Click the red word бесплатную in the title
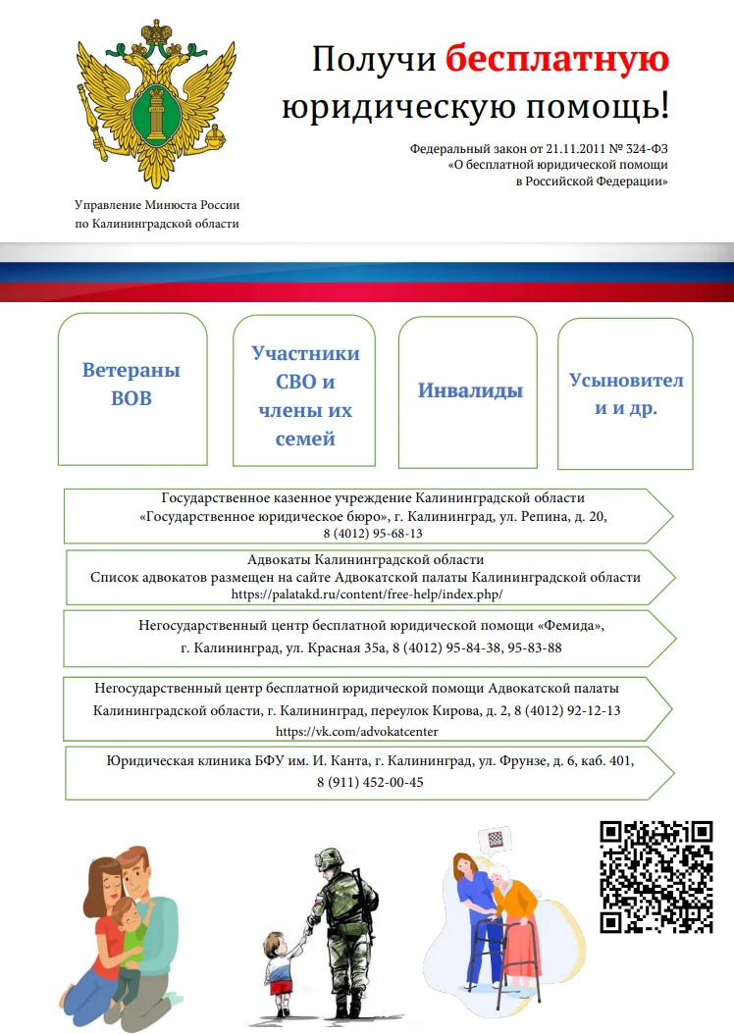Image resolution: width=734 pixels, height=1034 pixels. (x=556, y=60)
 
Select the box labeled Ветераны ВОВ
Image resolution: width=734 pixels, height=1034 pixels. (x=131, y=385)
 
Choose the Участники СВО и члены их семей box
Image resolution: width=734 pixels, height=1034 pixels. (x=305, y=395)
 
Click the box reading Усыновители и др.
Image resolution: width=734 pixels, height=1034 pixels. (x=626, y=393)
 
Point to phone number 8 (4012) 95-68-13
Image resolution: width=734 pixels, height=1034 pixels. (x=372, y=534)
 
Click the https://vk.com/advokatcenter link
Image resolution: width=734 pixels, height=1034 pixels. (x=357, y=732)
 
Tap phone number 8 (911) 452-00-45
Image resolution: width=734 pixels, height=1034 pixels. (x=370, y=783)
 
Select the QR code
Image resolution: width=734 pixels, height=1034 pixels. (x=656, y=875)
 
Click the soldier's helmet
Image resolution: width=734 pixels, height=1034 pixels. (x=330, y=859)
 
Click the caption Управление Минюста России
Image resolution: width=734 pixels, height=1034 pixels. (x=157, y=205)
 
